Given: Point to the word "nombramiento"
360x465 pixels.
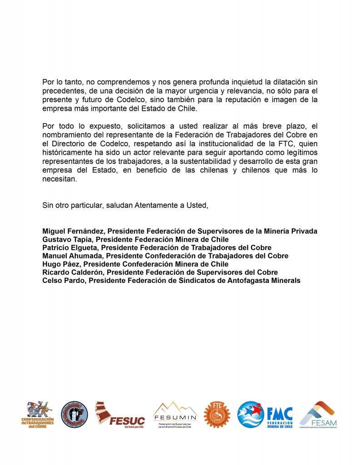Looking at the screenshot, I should pyautogui.click(x=67, y=135).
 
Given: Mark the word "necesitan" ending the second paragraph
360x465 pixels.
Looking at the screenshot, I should pyautogui.click(x=60, y=178).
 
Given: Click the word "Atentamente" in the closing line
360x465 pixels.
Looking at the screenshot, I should pyautogui.click(x=156, y=205).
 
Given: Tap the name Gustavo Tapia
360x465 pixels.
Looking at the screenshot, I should pyautogui.click(x=67, y=239).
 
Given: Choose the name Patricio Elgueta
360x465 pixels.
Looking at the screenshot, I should pyautogui.click(x=70, y=247).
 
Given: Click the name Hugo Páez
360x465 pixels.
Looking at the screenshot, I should pyautogui.click(x=61, y=264).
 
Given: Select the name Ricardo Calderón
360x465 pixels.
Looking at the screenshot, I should pyautogui.click(x=73, y=272).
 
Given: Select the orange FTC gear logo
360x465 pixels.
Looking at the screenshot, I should pyautogui.click(x=217, y=414).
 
